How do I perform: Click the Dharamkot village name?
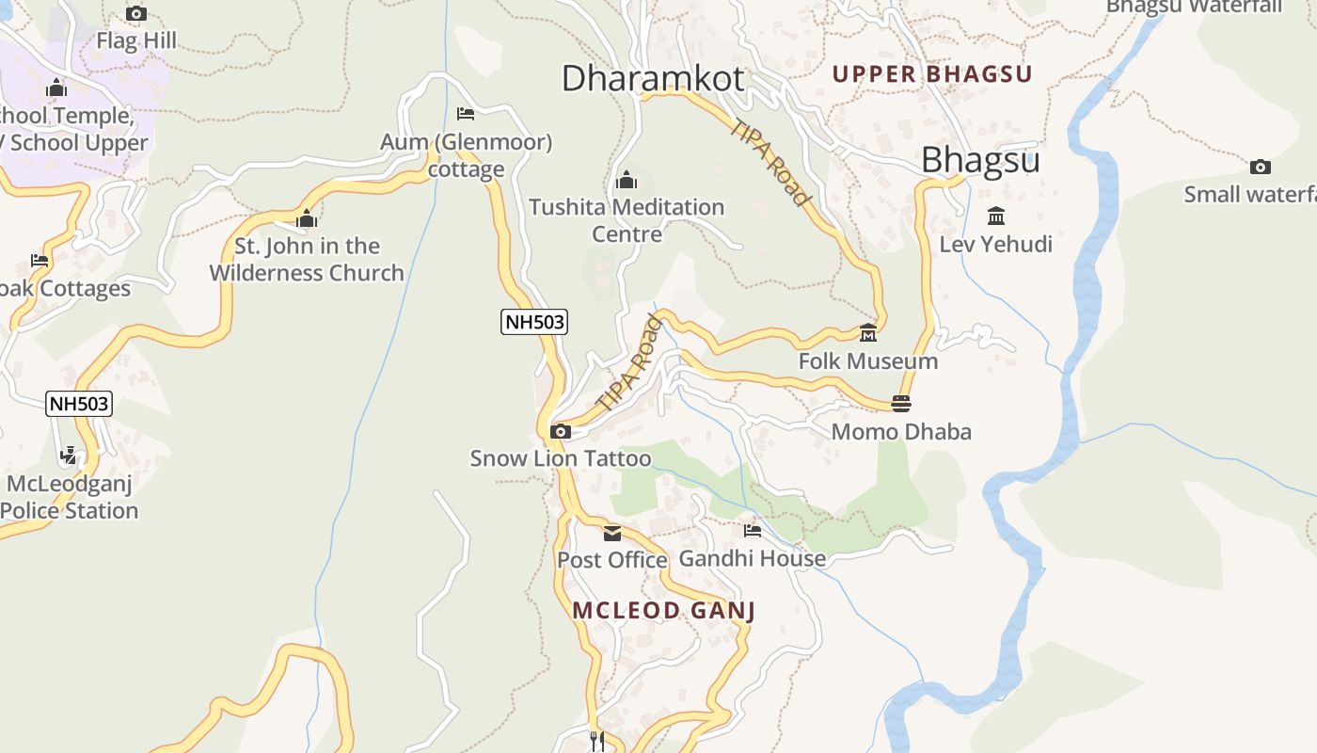pyautogui.click(x=653, y=78)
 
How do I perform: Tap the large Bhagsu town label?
pyautogui.click(x=980, y=160)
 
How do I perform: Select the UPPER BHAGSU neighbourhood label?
pyautogui.click(x=932, y=73)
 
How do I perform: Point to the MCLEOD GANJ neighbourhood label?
pyautogui.click(x=663, y=610)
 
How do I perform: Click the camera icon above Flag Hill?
pyautogui.click(x=136, y=14)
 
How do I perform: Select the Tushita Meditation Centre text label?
pyautogui.click(x=627, y=219)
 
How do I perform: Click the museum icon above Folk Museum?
pyautogui.click(x=867, y=333)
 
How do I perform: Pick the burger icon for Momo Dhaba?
pyautogui.click(x=901, y=404)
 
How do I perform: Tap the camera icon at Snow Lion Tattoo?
pyautogui.click(x=560, y=432)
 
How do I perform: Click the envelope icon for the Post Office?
pyautogui.click(x=612, y=534)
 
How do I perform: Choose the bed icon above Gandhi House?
pyautogui.click(x=752, y=531)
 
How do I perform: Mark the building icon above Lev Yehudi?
pyautogui.click(x=996, y=216)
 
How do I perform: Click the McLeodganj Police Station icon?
pyautogui.click(x=68, y=457)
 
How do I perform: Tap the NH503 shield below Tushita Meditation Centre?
pyautogui.click(x=534, y=322)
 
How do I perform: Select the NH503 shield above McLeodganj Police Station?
pyautogui.click(x=79, y=404)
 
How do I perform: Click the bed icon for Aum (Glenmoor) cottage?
pyautogui.click(x=465, y=114)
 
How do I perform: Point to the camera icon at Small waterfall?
pyautogui.click(x=1260, y=168)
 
